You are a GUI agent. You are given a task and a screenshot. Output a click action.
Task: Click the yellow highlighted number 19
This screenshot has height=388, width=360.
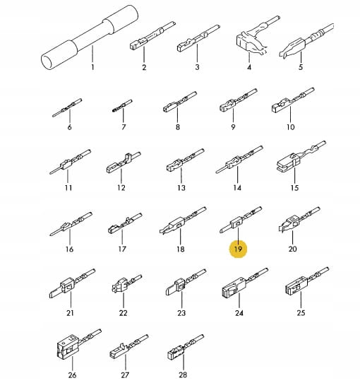tap(238, 249)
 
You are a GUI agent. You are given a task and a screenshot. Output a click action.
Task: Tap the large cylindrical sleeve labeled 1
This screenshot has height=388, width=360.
tap(90, 37)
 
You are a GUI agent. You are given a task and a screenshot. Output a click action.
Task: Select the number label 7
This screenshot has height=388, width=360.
tap(124, 127)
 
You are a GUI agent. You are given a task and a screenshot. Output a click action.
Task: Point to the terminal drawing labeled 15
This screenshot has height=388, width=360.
tap(301, 156)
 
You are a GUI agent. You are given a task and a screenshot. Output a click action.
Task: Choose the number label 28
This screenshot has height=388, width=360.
tap(183, 375)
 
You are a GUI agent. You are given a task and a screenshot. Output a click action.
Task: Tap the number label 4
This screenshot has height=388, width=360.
tap(249, 67)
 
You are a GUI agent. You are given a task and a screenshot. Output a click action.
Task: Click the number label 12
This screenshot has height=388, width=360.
tap(121, 188)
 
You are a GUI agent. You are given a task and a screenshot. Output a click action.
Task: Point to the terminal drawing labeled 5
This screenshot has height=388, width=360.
tap(306, 41)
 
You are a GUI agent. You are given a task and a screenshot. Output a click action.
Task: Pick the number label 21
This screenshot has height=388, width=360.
tap(70, 313)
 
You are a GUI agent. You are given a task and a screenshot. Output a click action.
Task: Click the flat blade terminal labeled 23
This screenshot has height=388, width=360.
tap(186, 282)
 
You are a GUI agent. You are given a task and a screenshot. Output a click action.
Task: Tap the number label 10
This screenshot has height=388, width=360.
tap(291, 127)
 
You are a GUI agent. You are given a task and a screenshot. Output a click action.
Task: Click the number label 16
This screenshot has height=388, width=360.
tap(69, 249)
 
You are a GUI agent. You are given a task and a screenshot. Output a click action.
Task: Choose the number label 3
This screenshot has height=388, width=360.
tap(197, 67)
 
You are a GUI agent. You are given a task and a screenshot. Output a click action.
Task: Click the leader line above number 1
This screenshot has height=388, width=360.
tap(92, 54)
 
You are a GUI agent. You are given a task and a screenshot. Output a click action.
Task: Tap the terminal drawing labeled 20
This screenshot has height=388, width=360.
tap(299, 220)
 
